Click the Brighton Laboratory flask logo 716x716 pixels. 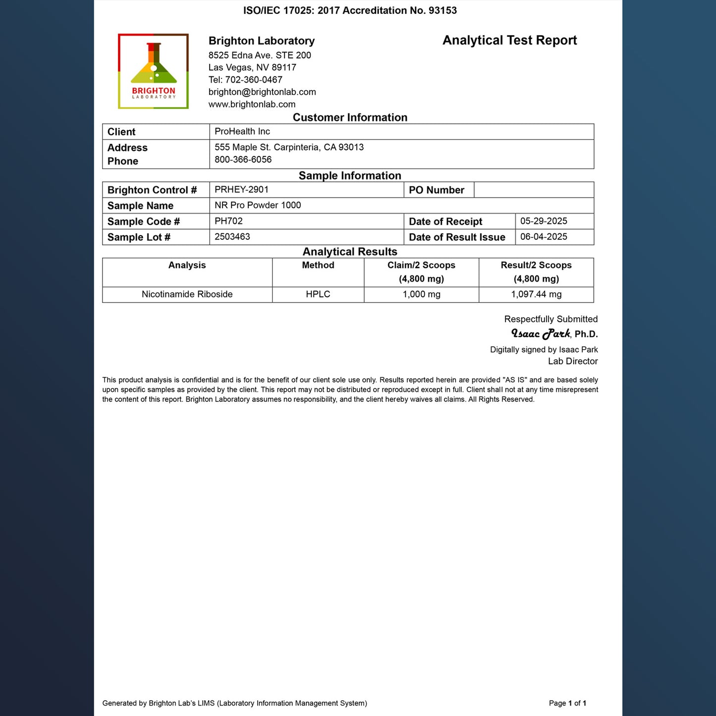(x=153, y=71)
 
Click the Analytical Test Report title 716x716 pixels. (x=509, y=41)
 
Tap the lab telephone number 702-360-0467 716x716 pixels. (x=254, y=80)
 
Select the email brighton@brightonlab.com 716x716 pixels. (x=262, y=92)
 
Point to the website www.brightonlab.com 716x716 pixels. (x=252, y=105)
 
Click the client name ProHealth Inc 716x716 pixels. (x=242, y=131)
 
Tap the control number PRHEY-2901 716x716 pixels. (x=241, y=189)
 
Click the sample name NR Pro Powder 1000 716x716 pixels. (x=258, y=205)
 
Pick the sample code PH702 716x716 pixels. (x=228, y=221)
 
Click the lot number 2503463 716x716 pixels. (x=232, y=237)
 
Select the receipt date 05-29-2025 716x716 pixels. (x=544, y=221)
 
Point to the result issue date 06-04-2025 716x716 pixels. (x=544, y=237)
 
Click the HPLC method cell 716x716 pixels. (x=318, y=294)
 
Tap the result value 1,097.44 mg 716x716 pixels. (x=536, y=294)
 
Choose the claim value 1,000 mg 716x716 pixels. (x=421, y=294)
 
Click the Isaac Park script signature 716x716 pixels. (x=541, y=334)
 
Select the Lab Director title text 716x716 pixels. (x=572, y=361)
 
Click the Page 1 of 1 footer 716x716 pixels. (x=567, y=703)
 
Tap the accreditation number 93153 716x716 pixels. (x=442, y=10)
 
